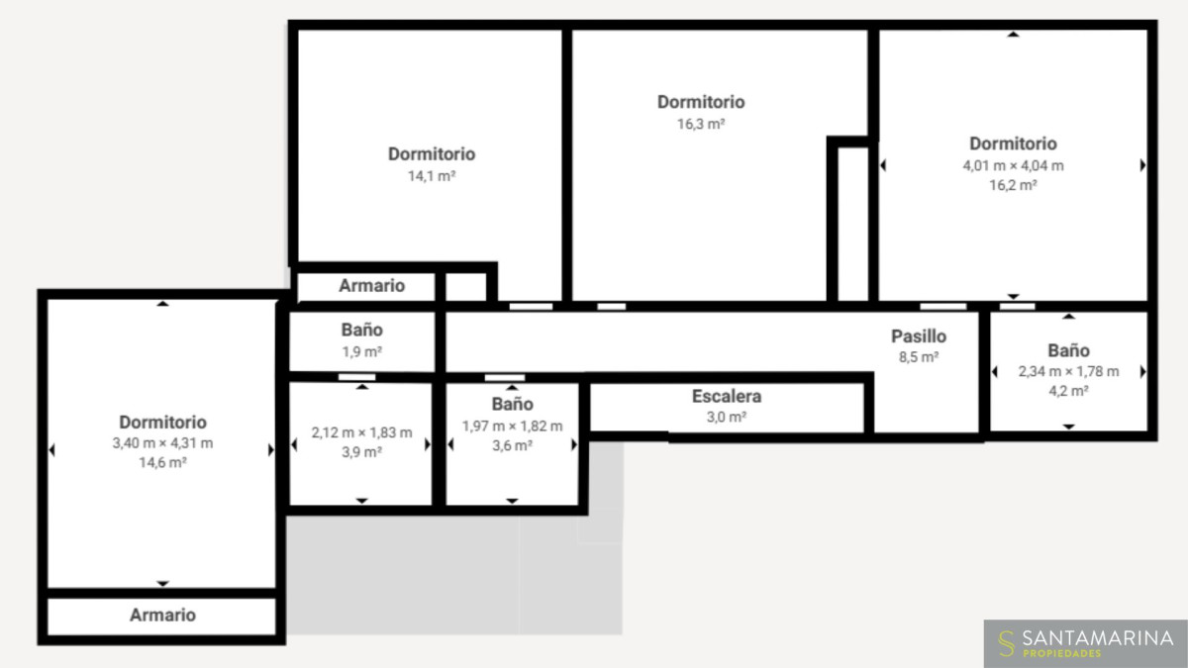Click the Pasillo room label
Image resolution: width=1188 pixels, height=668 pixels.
(x=919, y=336)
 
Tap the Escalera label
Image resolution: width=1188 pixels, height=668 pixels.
(x=727, y=396)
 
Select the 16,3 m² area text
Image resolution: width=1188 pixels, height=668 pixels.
(x=701, y=124)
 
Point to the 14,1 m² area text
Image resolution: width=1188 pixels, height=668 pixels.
(x=432, y=176)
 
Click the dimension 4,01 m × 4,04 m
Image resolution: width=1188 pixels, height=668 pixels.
(x=1013, y=166)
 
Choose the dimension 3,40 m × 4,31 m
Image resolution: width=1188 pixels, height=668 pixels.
(x=162, y=443)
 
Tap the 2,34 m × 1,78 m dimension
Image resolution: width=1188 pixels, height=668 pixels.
(x=1068, y=372)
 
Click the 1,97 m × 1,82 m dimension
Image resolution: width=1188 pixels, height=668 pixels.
(x=512, y=427)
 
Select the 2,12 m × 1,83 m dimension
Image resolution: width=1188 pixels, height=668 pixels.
(x=361, y=432)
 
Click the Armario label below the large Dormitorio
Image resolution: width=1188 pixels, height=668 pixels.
(x=162, y=615)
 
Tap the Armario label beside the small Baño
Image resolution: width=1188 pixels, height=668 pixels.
(x=372, y=286)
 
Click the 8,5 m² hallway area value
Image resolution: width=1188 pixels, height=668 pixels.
(x=919, y=357)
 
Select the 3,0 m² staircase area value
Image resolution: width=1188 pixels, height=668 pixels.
(x=727, y=418)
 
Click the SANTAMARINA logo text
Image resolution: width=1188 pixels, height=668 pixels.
(x=1098, y=638)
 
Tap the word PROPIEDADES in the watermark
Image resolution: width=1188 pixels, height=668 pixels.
(x=1061, y=654)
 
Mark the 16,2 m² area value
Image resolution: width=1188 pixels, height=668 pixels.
(x=1013, y=186)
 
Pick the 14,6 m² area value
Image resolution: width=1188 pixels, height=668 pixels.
(x=162, y=463)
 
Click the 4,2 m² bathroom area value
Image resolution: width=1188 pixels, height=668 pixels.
(x=1068, y=391)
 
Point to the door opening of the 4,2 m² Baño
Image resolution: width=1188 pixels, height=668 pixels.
(x=1018, y=307)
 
